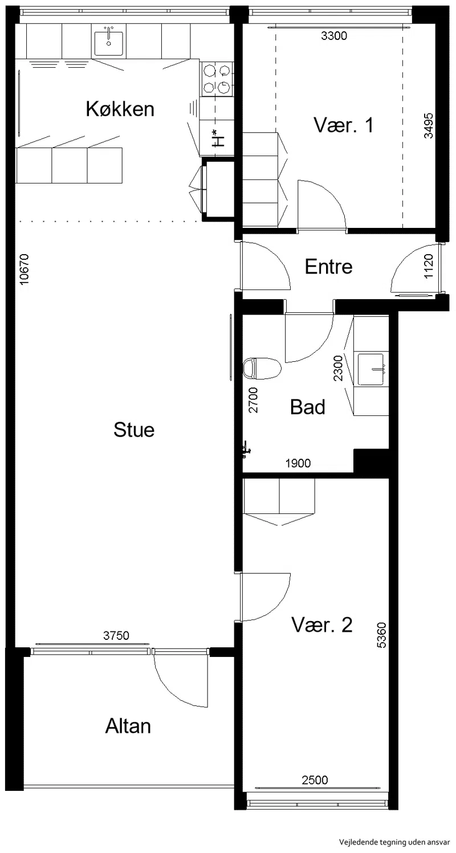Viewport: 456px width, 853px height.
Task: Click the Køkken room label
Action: [120, 109]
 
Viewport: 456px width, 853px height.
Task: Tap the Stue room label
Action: [134, 430]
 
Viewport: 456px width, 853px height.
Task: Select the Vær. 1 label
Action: [344, 125]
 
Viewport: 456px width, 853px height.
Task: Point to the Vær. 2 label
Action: [322, 625]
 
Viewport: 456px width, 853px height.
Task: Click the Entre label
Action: [328, 267]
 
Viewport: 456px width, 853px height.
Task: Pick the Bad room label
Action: [307, 407]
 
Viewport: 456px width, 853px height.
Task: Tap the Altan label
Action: [128, 726]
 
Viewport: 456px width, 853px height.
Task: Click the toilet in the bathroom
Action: [262, 368]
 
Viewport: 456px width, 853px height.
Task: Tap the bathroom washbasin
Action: [370, 370]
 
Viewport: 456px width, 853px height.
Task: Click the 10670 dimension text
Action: [24, 269]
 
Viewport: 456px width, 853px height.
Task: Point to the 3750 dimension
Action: [116, 635]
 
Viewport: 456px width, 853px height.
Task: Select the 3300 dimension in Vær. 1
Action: [334, 36]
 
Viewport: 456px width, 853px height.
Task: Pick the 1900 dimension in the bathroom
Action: [298, 463]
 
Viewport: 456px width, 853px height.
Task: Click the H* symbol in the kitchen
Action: [218, 138]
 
